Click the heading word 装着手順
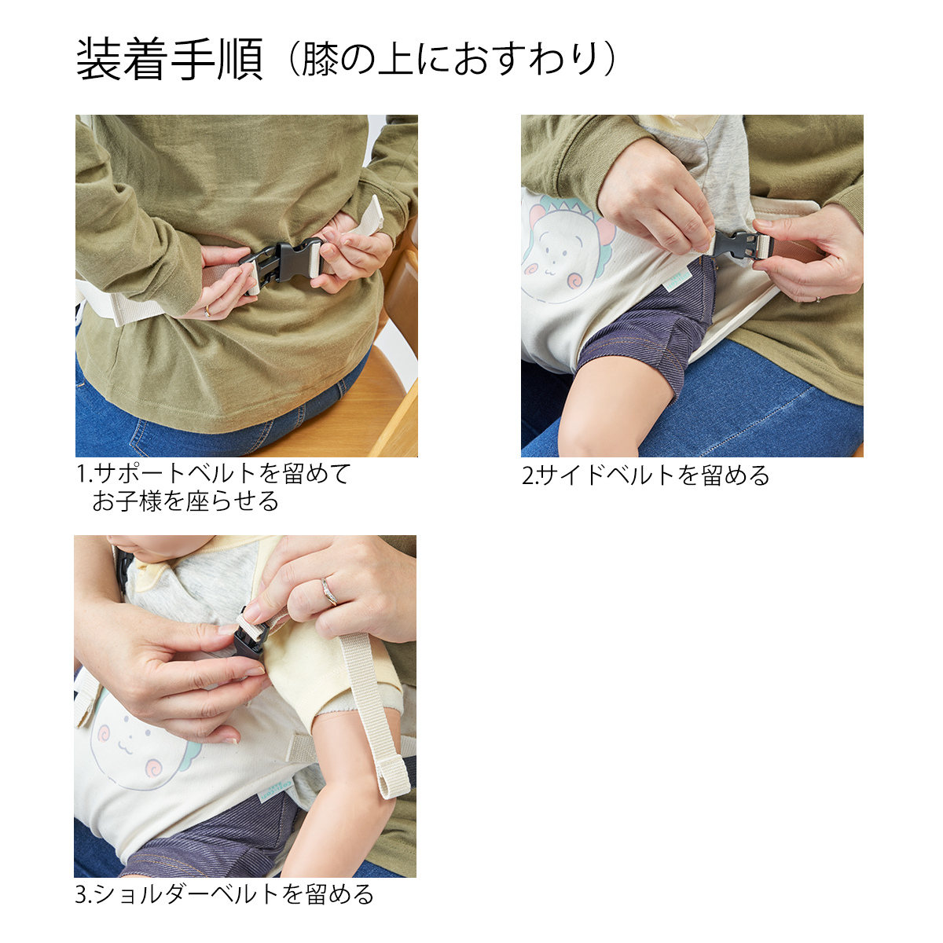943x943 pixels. [170, 61]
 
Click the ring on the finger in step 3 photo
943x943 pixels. [328, 593]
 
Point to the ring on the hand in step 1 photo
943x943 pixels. [208, 310]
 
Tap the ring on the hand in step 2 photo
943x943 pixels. [818, 299]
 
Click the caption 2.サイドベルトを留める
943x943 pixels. [645, 475]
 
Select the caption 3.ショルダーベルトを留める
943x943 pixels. [224, 895]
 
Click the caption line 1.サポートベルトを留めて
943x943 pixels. [214, 474]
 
